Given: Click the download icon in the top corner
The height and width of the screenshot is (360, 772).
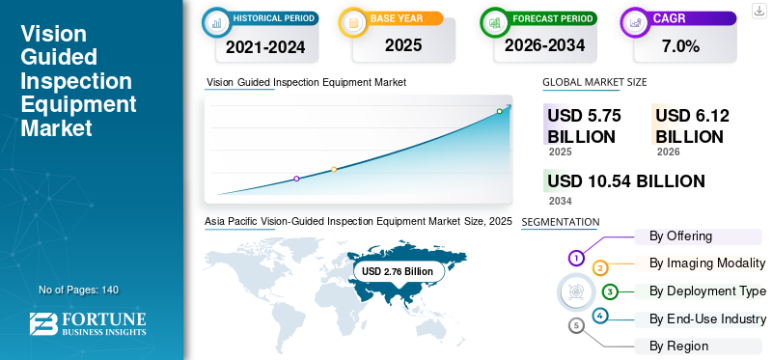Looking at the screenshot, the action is coord(759,11).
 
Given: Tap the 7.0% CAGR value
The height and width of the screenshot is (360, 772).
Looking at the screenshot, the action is coord(680,46).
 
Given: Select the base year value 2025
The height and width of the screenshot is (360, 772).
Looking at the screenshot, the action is coord(403,45).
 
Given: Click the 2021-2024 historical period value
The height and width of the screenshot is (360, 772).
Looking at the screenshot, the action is coord(265,47).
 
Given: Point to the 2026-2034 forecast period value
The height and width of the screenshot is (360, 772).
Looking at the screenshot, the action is coord(544,45).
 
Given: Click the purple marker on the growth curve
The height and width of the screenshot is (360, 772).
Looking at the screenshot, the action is coord(296,179).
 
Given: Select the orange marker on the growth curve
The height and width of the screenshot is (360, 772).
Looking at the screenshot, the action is coord(334,170).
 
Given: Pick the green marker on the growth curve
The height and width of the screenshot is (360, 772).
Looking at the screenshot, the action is coord(499,111).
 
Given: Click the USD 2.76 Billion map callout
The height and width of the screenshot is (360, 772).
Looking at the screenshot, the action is coord(398,271).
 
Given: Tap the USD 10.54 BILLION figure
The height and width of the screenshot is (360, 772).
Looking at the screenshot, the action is coord(626,181).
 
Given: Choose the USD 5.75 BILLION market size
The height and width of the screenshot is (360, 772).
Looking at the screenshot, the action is coord(585,126).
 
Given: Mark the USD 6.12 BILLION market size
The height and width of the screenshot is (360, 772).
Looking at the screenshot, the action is coord(692,126).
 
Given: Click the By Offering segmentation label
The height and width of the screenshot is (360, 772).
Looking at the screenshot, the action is coord(680,236).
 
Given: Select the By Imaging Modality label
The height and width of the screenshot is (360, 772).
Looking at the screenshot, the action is coord(707,263).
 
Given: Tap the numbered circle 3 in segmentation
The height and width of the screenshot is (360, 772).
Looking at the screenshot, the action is coord(610,291).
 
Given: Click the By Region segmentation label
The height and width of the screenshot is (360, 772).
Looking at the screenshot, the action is coord(678,346).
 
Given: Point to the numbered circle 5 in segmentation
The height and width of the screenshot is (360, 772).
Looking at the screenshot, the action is coord(576,325).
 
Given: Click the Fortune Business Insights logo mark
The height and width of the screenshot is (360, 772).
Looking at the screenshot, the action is coord(43,324).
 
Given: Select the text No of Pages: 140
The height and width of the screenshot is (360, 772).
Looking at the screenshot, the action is coord(79,290).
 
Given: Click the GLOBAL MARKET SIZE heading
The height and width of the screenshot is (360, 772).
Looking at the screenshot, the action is coord(594,82).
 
